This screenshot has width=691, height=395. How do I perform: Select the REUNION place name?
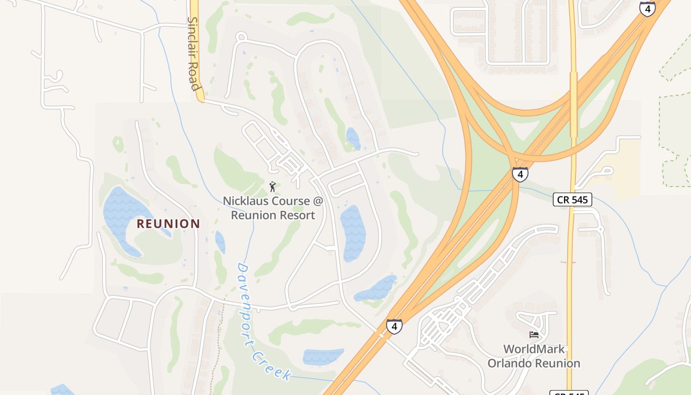click(168, 224)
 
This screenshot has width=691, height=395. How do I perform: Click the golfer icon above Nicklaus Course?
click(272, 187)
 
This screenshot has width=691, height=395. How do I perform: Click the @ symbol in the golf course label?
click(318, 201)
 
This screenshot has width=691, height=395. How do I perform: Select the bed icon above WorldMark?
click(534, 335)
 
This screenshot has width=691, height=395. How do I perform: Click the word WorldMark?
click(534, 349)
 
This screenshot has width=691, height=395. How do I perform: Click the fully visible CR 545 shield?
click(572, 199)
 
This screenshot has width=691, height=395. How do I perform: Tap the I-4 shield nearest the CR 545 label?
click(520, 174)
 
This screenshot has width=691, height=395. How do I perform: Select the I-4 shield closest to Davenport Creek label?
click(394, 326)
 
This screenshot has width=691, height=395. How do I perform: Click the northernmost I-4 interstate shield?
click(647, 8)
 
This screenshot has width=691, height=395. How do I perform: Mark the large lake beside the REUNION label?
click(121, 212)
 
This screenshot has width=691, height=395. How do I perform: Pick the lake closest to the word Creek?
click(323, 356)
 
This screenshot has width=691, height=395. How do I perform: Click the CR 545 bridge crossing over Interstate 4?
click(574, 104)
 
